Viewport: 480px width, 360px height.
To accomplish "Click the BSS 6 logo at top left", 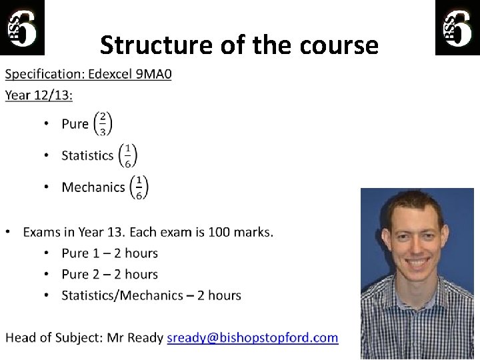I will (22, 27).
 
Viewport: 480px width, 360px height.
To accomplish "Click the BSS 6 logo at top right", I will (457, 27).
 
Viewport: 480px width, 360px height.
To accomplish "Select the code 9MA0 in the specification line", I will (154, 74).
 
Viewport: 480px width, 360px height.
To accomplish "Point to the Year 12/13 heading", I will (39, 95).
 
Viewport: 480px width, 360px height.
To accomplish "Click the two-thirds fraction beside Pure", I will (103, 123).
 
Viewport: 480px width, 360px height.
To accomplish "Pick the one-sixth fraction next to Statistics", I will (127, 155).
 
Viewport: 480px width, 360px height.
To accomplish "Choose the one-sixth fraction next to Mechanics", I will (139, 187).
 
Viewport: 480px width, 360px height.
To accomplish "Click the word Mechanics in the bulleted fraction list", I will (93, 187).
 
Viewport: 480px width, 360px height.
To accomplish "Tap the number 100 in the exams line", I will (219, 232).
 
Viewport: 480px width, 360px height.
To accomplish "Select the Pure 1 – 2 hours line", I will (109, 253).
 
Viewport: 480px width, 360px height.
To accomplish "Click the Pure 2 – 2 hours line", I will (109, 274).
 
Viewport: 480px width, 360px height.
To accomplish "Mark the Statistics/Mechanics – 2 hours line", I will (151, 295).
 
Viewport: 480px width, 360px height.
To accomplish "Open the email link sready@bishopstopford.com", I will (252, 337).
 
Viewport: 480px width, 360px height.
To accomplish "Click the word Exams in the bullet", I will (41, 232).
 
